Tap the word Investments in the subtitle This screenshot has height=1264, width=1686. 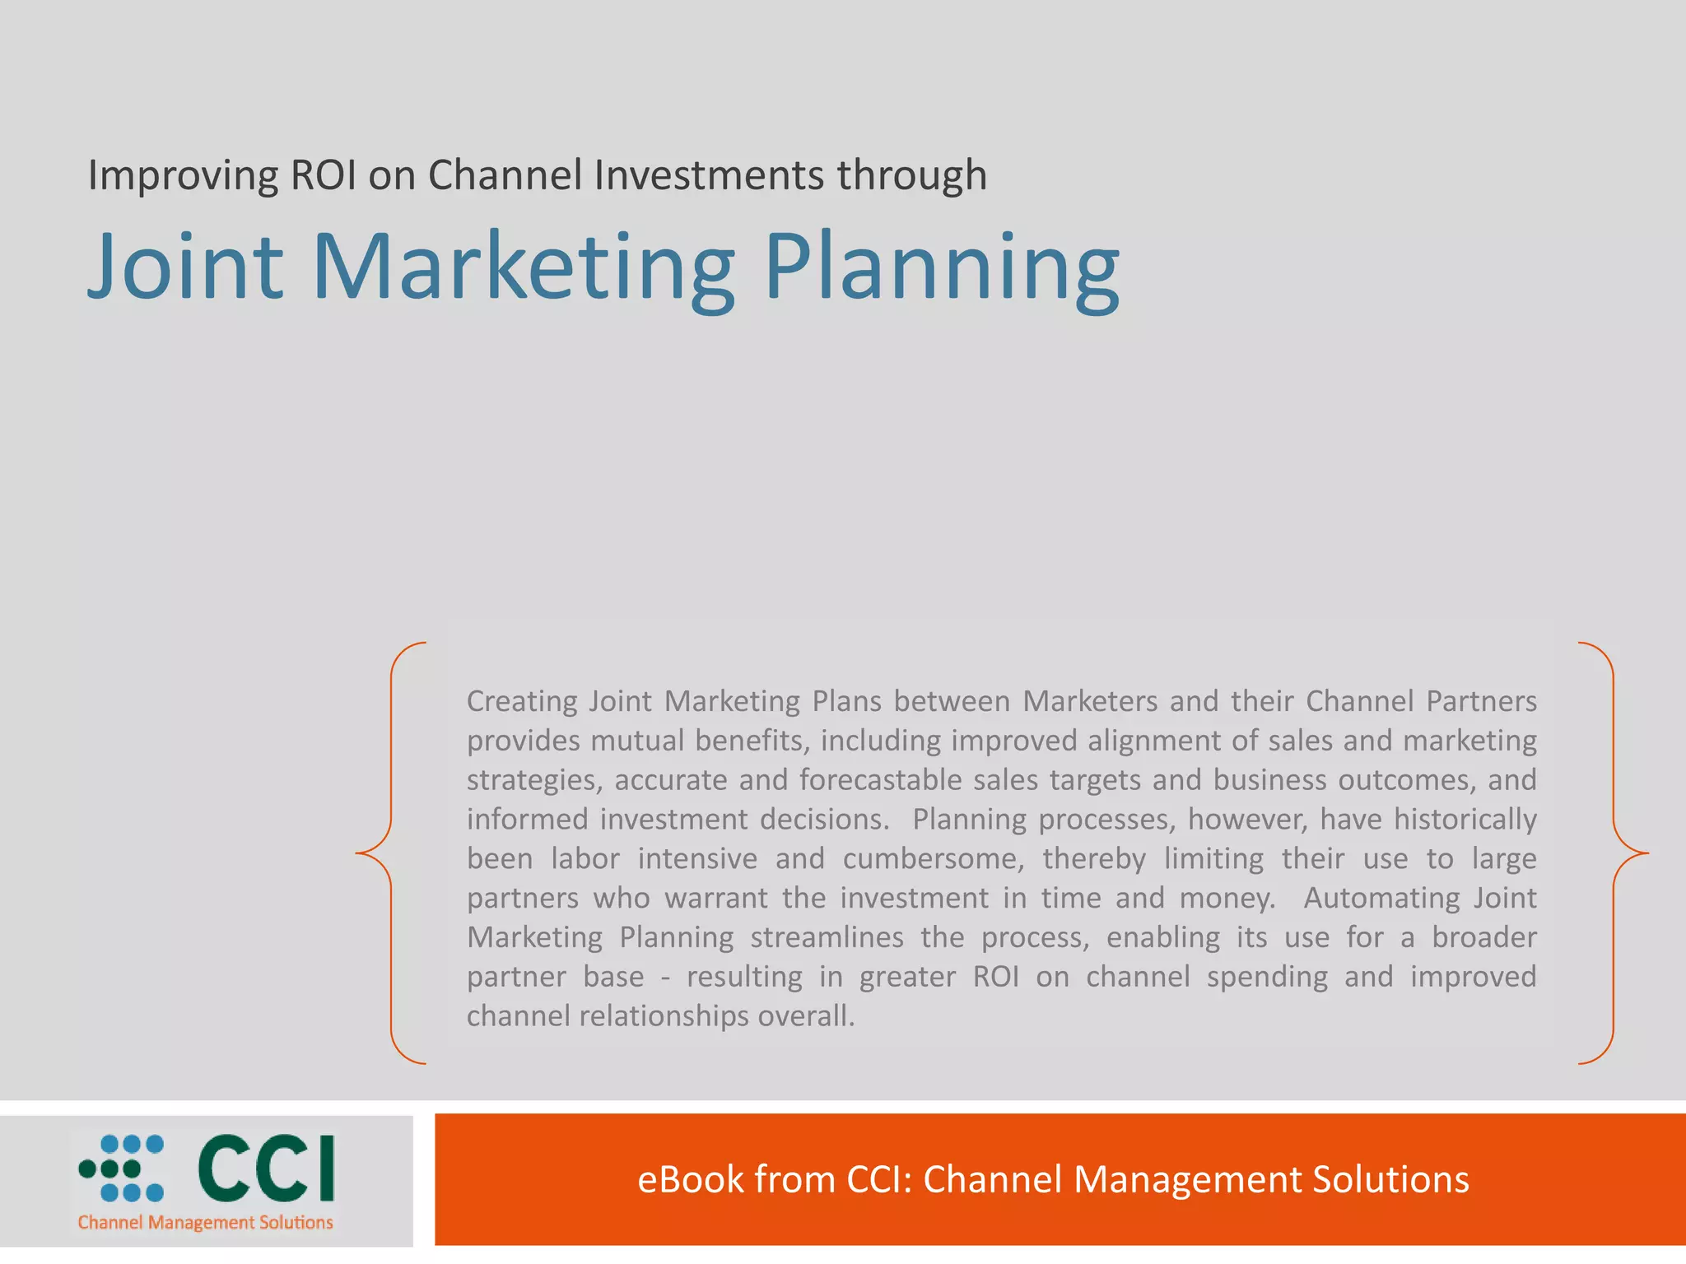[x=709, y=174]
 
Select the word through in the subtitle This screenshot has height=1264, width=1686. [x=912, y=176]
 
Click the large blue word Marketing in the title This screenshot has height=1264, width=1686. [x=524, y=267]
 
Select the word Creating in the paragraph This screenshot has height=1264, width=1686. [x=522, y=702]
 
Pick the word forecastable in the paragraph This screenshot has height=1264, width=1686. [x=880, y=779]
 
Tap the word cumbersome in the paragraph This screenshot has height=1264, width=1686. [x=933, y=858]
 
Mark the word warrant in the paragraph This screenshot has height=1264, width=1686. [x=716, y=898]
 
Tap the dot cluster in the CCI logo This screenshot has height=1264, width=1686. [x=122, y=1168]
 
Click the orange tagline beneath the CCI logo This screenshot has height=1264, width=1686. [x=206, y=1223]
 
